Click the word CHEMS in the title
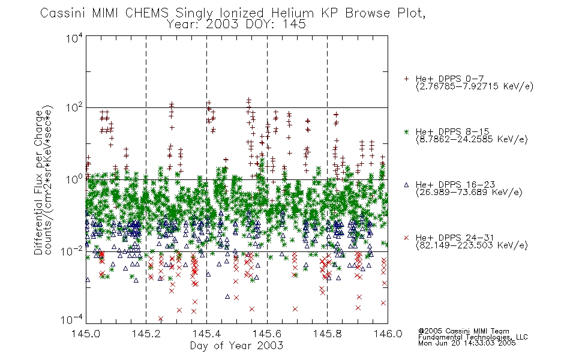pos(147,13)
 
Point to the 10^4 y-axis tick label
pos(74,38)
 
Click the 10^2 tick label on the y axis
pos(74,107)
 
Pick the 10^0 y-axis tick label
pos(74,179)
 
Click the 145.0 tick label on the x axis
pos(86,334)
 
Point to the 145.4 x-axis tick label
pos(206,334)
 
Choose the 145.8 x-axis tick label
pos(327,334)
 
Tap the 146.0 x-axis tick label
pos(388,334)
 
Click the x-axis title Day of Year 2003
pos(236,346)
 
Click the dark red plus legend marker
pos(406,79)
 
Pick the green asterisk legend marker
pos(406,131)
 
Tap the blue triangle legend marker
pos(406,185)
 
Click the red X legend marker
pos(406,238)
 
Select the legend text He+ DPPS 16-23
pos(455,184)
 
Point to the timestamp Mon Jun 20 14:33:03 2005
pos(467,343)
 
